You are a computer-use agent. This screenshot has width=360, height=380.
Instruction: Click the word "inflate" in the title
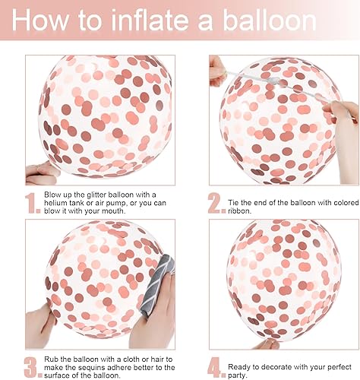click(x=150, y=20)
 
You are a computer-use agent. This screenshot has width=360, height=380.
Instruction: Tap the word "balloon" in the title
click(x=270, y=20)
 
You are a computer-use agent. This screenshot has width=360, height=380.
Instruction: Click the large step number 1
click(x=33, y=203)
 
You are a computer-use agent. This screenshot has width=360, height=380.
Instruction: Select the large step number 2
click(x=216, y=203)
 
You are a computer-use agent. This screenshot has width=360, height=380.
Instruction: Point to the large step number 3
click(x=33, y=367)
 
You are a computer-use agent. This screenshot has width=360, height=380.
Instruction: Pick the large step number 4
click(x=216, y=367)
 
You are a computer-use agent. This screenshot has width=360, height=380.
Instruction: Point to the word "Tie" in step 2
click(x=233, y=203)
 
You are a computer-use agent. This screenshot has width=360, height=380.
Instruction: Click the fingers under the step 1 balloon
click(x=42, y=173)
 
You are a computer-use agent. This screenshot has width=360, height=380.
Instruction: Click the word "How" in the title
click(x=40, y=20)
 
